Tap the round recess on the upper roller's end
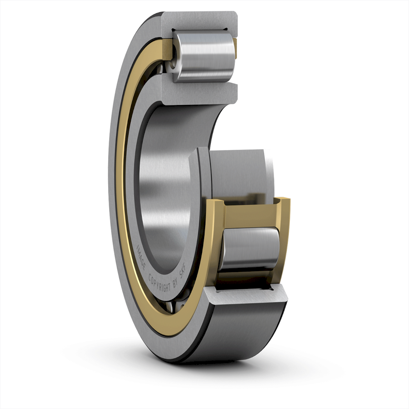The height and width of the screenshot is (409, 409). coord(173,58)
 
